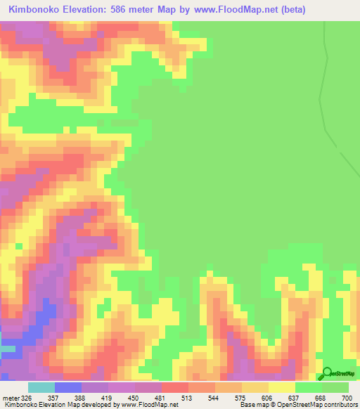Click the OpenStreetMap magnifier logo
[328, 373]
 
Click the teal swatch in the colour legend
[41, 387]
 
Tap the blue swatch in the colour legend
[68, 387]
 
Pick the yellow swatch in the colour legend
[281, 387]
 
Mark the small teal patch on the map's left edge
[6, 349]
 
